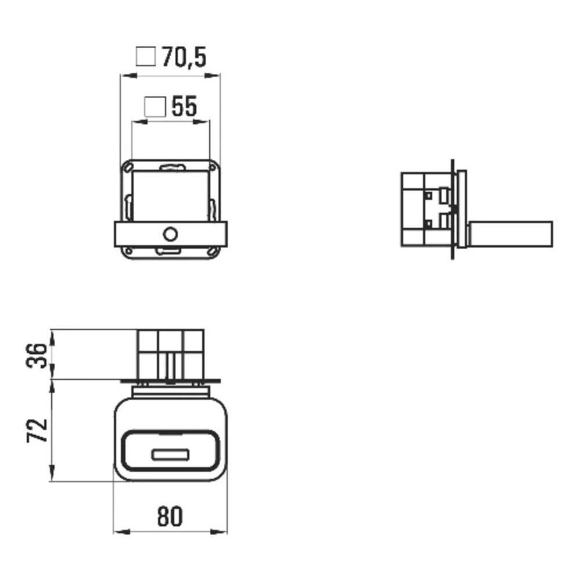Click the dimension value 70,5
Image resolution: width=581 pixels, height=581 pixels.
coord(184,58)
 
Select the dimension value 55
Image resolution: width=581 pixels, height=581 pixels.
coord(184,107)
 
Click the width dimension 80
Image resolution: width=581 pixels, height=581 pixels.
coord(170,516)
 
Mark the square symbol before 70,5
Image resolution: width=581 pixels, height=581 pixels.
coord(146,58)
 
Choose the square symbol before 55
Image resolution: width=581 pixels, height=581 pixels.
coord(155,107)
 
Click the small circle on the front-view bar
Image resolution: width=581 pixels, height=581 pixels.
coord(170,234)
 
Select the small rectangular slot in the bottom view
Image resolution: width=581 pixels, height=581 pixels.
coord(170,455)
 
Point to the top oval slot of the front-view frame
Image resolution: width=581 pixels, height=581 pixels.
coord(170,168)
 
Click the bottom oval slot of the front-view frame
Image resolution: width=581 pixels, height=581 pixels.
coord(170,251)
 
